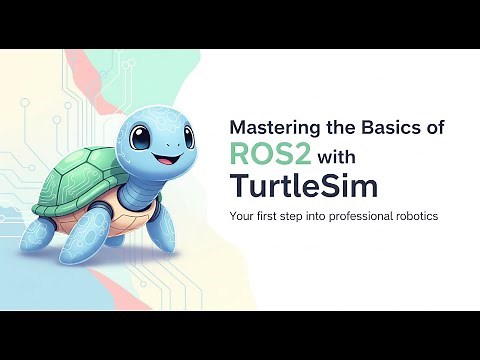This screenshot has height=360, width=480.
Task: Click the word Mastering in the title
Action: click(272, 128)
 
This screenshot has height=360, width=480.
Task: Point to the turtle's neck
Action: click(150, 180)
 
